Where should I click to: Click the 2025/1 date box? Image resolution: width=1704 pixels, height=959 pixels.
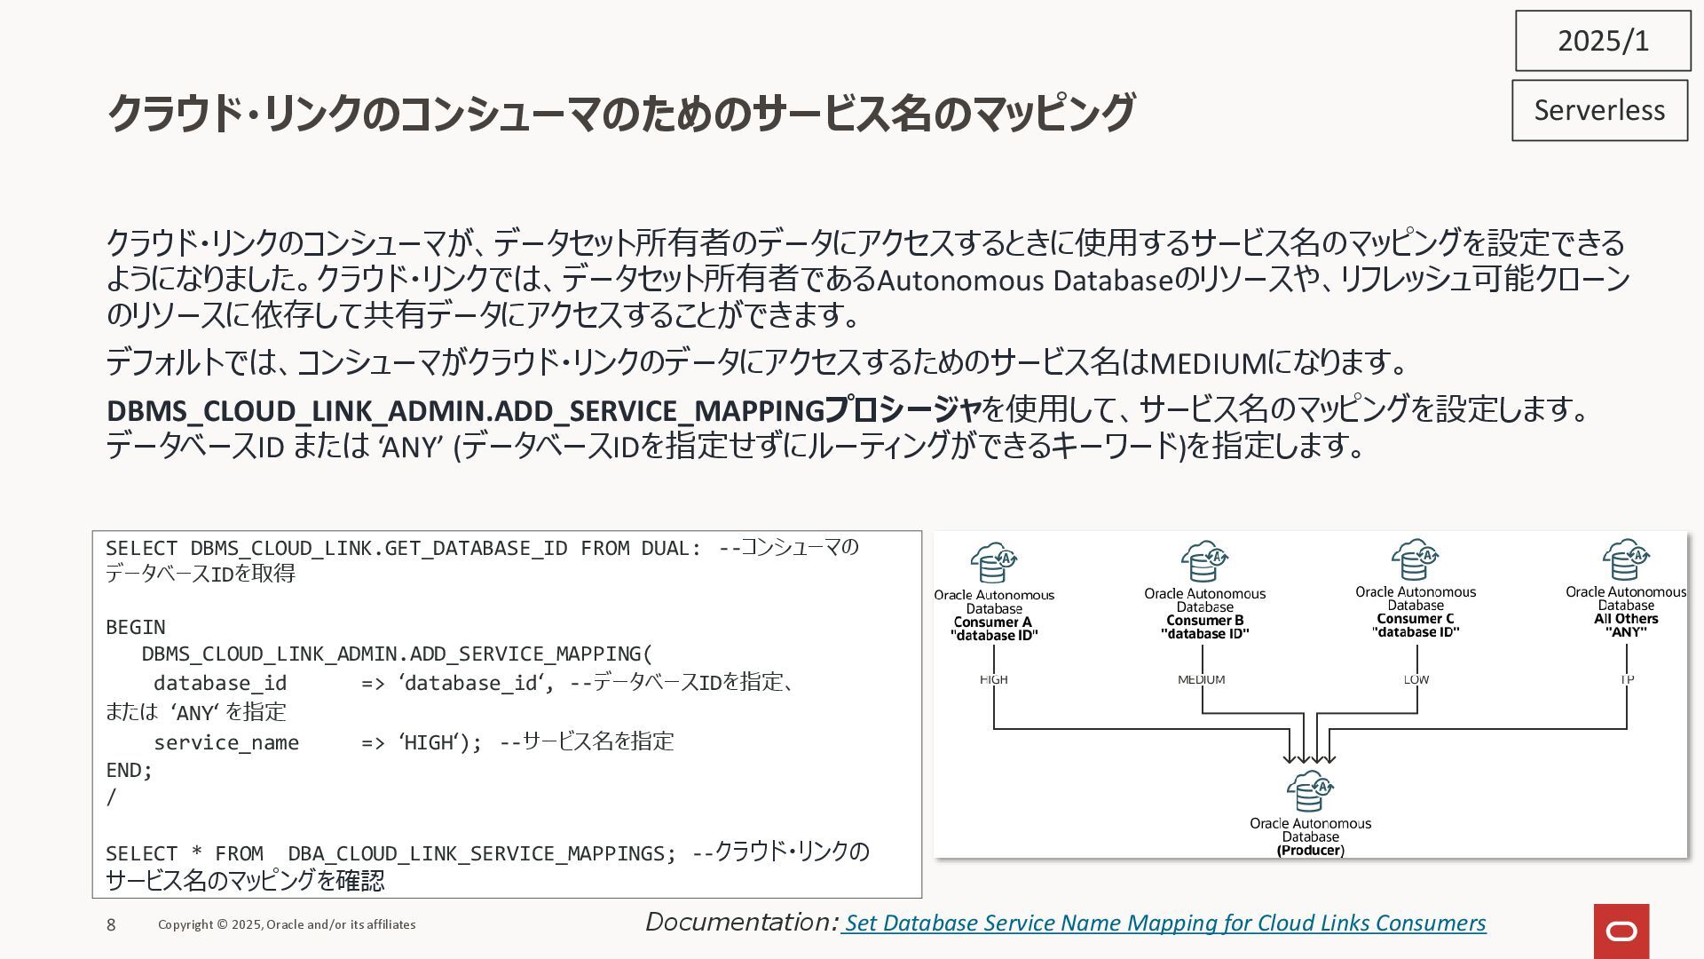tap(1603, 41)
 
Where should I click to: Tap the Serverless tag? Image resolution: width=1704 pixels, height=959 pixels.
tap(1599, 110)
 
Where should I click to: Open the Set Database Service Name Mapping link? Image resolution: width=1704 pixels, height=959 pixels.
tap(1164, 923)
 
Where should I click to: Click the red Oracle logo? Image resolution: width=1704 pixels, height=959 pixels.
tap(1621, 931)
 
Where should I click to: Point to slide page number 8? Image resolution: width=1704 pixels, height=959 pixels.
tap(111, 925)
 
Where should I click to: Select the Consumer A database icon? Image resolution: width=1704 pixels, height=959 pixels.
tap(993, 562)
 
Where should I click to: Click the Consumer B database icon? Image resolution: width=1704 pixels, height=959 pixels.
tap(1203, 561)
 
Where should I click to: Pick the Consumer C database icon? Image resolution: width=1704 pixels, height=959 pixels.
tap(1415, 559)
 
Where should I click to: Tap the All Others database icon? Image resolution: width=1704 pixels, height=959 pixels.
tap(1625, 559)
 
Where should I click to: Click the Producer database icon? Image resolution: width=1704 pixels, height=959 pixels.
tap(1310, 791)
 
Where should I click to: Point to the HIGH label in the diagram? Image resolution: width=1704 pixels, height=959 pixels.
tap(993, 679)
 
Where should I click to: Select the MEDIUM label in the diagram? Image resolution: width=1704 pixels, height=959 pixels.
tap(1201, 679)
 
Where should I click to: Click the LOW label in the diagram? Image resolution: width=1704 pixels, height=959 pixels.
tap(1416, 679)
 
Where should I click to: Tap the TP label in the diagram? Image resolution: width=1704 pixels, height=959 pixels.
tap(1627, 679)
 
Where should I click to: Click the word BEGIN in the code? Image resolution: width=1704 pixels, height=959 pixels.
tap(136, 627)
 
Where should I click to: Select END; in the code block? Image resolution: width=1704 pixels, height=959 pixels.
tap(130, 770)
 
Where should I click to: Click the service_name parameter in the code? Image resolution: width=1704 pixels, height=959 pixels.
tap(226, 742)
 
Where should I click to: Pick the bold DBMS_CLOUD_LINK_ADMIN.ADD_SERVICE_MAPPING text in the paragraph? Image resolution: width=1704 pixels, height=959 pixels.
tap(466, 410)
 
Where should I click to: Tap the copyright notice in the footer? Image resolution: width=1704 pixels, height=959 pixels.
tap(287, 924)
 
